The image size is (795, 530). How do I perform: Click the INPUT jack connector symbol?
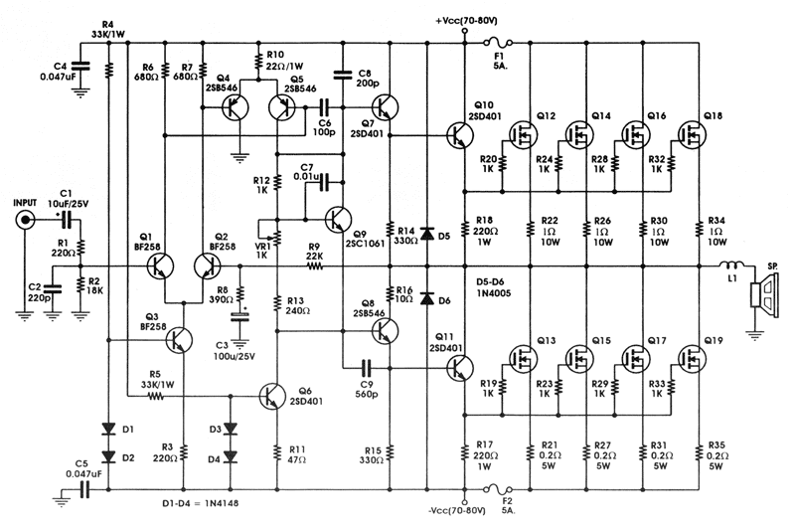[25, 220]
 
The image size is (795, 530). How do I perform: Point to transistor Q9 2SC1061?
[339, 218]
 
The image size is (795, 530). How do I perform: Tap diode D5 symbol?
[426, 234]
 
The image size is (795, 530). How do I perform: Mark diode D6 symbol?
[426, 298]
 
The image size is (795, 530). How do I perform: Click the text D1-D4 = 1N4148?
[211, 502]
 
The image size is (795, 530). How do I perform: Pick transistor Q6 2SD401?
[272, 395]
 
